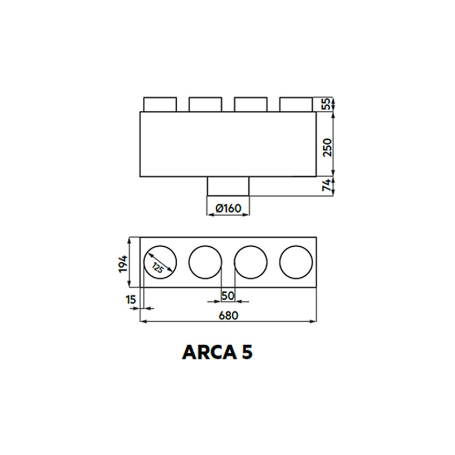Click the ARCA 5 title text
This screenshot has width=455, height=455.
(x=217, y=352)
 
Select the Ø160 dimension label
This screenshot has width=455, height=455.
(x=228, y=208)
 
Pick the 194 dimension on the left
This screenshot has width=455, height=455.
(x=123, y=263)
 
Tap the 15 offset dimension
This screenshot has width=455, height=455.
(x=130, y=300)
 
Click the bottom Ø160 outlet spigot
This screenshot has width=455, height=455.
(x=228, y=187)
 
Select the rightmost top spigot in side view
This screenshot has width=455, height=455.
(x=296, y=104)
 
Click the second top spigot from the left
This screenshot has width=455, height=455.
(x=205, y=104)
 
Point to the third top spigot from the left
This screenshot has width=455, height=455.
(x=251, y=104)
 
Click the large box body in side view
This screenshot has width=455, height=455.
(x=228, y=145)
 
